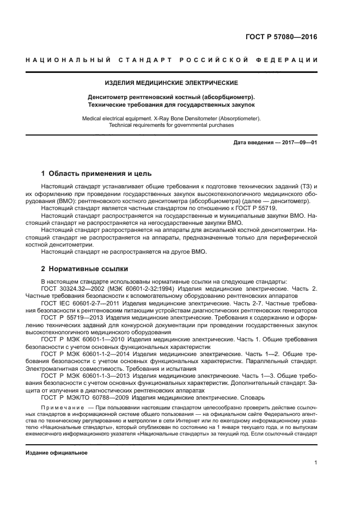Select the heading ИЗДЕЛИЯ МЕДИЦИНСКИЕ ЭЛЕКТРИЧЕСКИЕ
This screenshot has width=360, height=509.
pyautogui.click(x=172, y=83)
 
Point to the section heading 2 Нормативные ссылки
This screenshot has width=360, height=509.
pyautogui.click(x=85, y=269)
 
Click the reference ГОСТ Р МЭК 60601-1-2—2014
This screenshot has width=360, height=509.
pyautogui.click(x=88, y=353)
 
